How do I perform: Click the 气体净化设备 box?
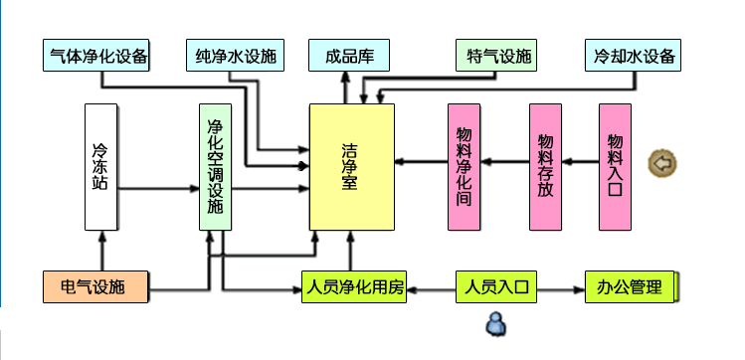pyautogui.click(x=95, y=56)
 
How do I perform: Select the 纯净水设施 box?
pyautogui.click(x=235, y=56)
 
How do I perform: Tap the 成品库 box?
pyautogui.click(x=349, y=56)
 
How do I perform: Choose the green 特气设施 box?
pyautogui.click(x=496, y=56)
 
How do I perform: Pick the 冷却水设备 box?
pyautogui.click(x=633, y=56)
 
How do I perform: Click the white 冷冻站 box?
pyautogui.click(x=100, y=167)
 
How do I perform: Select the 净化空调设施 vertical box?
pyautogui.click(x=215, y=167)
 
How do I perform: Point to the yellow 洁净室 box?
pyautogui.click(x=351, y=167)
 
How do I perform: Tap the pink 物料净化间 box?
pyautogui.click(x=464, y=167)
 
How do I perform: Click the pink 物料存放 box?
pyautogui.click(x=545, y=167)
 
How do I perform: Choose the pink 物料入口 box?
pyautogui.click(x=615, y=167)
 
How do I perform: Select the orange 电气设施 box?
pyautogui.click(x=95, y=286)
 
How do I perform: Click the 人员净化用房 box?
pyautogui.click(x=354, y=286)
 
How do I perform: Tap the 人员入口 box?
pyautogui.click(x=496, y=286)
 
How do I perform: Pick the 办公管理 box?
pyautogui.click(x=630, y=286)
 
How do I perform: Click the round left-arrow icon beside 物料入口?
pyautogui.click(x=662, y=163)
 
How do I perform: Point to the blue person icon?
pyautogui.click(x=495, y=324)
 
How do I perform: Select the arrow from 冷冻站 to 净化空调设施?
pyautogui.click(x=158, y=189)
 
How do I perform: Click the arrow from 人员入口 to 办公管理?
pyautogui.click(x=561, y=289)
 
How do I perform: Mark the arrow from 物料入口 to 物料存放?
pyautogui.click(x=580, y=162)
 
